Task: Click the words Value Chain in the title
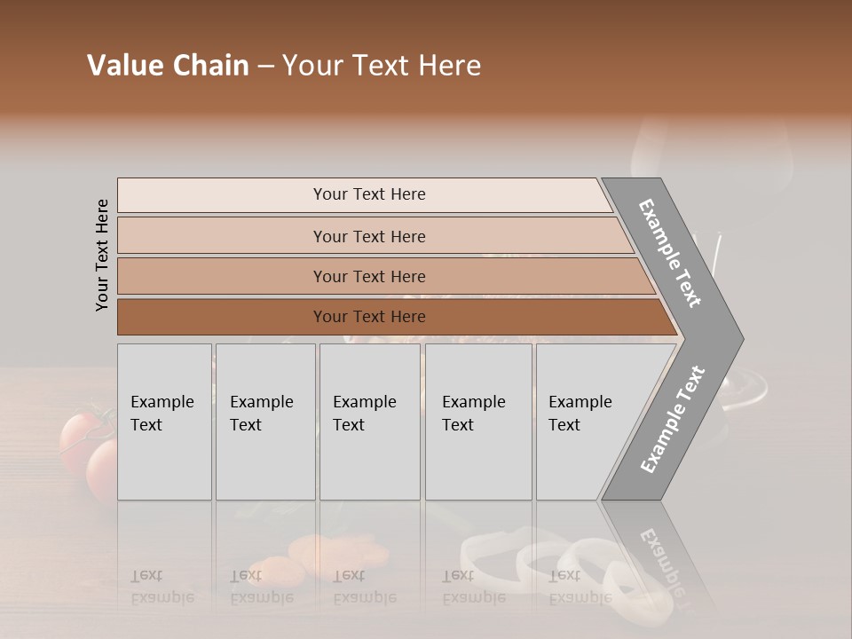pos(168,66)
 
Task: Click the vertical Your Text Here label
pos(102,255)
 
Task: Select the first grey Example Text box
pos(164,422)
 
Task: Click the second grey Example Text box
pos(264,422)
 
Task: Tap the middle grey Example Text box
pos(369,422)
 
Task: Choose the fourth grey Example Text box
pos(477,422)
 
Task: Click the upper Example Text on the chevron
pos(670,253)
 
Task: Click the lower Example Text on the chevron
pos(672,420)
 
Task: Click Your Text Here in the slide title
pos(382,66)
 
